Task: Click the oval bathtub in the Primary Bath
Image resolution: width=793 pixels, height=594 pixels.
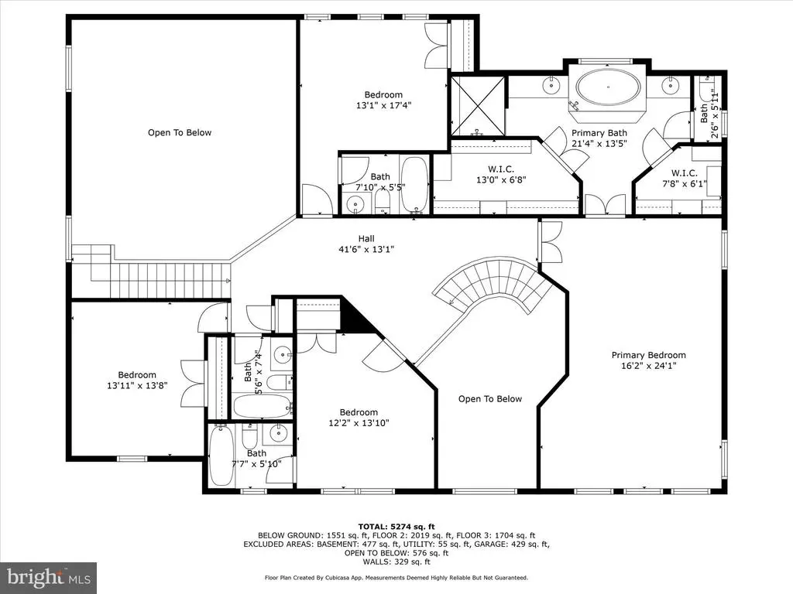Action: coord(607,87)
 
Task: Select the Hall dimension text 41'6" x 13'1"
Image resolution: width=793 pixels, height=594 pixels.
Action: coord(366,249)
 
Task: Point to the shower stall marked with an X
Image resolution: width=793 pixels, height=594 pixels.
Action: coord(477,106)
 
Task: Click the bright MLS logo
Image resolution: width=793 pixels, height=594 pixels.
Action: coord(49,577)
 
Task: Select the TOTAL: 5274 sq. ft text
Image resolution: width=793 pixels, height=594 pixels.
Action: coord(396,527)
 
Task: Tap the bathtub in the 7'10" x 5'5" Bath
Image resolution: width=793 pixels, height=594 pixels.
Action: coord(415,185)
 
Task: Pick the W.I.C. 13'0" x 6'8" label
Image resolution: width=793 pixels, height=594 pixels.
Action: coord(501,174)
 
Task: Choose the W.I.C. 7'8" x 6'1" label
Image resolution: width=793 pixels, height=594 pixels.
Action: coord(685,179)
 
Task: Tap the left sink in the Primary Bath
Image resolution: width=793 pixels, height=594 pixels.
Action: coord(551,85)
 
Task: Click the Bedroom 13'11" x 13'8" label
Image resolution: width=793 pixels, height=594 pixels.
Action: coord(136,380)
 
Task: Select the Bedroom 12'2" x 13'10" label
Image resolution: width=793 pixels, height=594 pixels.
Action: coord(359,418)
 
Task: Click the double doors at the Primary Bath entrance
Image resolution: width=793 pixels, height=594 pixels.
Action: coord(606,206)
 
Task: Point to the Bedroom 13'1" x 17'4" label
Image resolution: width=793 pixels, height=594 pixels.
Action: coord(383,100)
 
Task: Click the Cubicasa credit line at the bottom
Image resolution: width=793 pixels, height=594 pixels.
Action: coord(396,578)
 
